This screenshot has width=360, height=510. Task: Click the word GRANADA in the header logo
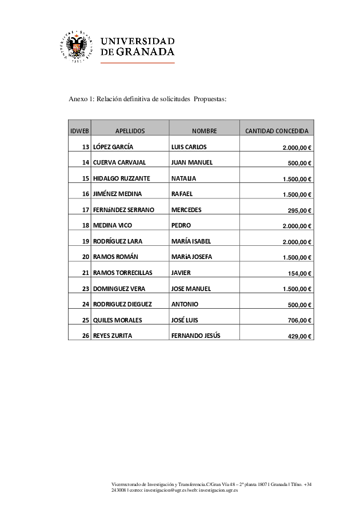point(145,51)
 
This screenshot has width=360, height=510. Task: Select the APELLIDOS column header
point(130,131)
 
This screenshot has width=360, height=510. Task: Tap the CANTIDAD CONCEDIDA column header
point(277,131)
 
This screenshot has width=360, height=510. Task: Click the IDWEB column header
point(79,131)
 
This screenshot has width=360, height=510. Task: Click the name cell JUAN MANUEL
point(192,162)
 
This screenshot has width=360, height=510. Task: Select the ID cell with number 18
point(86,225)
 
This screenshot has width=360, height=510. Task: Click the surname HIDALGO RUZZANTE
point(122,178)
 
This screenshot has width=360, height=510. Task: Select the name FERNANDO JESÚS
point(195,336)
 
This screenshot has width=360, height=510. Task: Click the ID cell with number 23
point(86,289)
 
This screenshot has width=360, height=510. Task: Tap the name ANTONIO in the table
point(185,304)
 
